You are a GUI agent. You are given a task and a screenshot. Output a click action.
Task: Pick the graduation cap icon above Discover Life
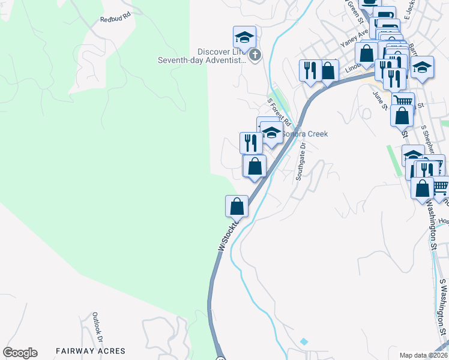point(244,37)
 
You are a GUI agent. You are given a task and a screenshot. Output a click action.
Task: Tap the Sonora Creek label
point(305,134)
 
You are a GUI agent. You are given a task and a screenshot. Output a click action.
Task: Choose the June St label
point(379,101)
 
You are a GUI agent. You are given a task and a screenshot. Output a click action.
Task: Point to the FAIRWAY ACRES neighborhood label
point(91,351)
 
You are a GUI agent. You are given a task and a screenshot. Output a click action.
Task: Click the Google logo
point(20,353)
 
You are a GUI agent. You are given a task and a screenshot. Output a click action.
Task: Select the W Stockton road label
point(228,235)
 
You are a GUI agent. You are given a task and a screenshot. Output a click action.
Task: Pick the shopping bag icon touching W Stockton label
point(237,206)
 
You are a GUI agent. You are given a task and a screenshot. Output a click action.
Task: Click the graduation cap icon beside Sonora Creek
point(271,133)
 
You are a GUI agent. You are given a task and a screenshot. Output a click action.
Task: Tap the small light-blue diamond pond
point(304,341)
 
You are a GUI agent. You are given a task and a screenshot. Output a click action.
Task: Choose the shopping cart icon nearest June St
point(403,101)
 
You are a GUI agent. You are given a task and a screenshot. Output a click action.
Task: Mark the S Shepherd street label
point(427,139)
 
